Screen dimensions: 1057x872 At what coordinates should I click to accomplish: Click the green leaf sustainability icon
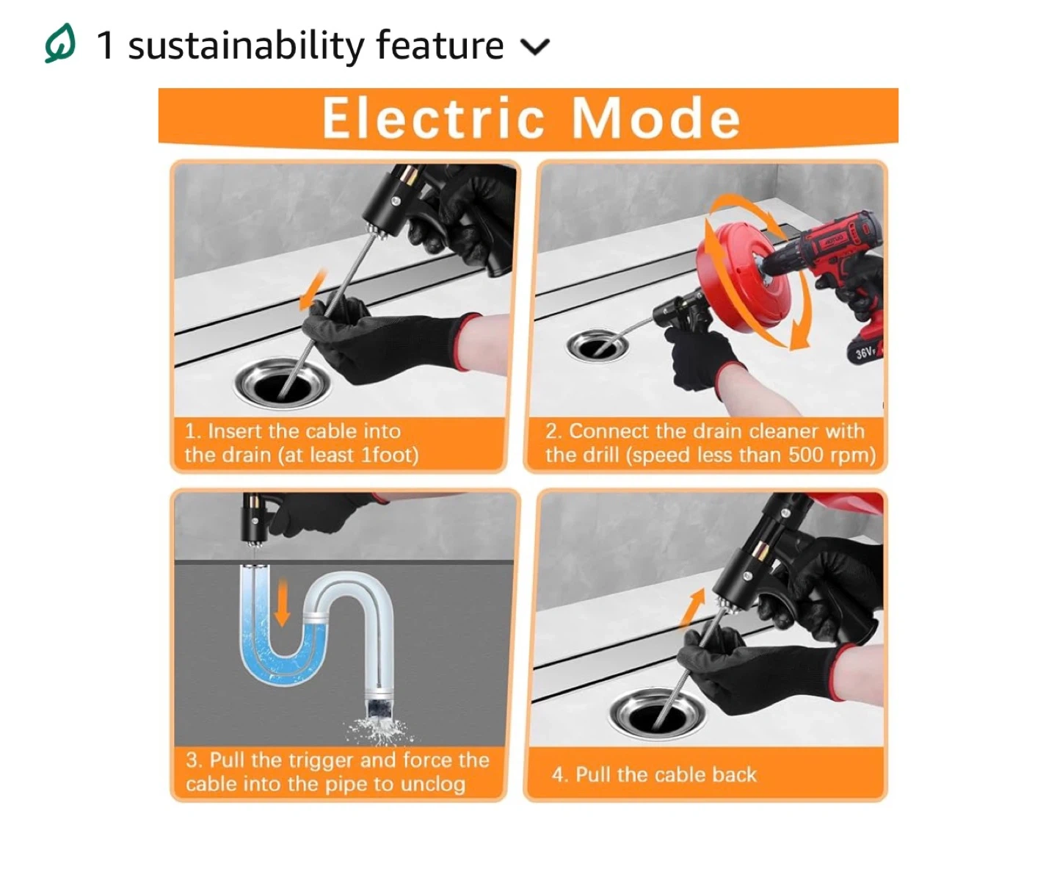(x=60, y=43)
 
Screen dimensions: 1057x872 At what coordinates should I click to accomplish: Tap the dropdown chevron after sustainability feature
(x=534, y=46)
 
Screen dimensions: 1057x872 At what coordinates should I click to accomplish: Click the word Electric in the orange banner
(x=433, y=118)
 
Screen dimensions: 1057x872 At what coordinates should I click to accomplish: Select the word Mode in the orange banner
(x=656, y=118)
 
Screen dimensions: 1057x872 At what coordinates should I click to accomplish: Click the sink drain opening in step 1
(x=282, y=383)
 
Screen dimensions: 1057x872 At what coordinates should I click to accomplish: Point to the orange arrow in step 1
(x=313, y=289)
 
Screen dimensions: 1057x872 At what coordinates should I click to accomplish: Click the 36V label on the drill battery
(x=865, y=352)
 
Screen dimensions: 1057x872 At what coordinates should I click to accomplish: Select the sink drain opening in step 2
(x=597, y=346)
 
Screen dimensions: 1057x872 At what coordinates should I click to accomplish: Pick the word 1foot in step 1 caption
(x=389, y=455)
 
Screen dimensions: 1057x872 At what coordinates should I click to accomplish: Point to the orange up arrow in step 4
(x=692, y=609)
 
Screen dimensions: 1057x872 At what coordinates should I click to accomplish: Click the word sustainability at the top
(x=246, y=46)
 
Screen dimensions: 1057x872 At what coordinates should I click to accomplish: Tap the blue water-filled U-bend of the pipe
(x=283, y=644)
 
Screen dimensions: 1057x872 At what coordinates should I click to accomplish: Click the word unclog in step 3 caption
(x=433, y=785)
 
